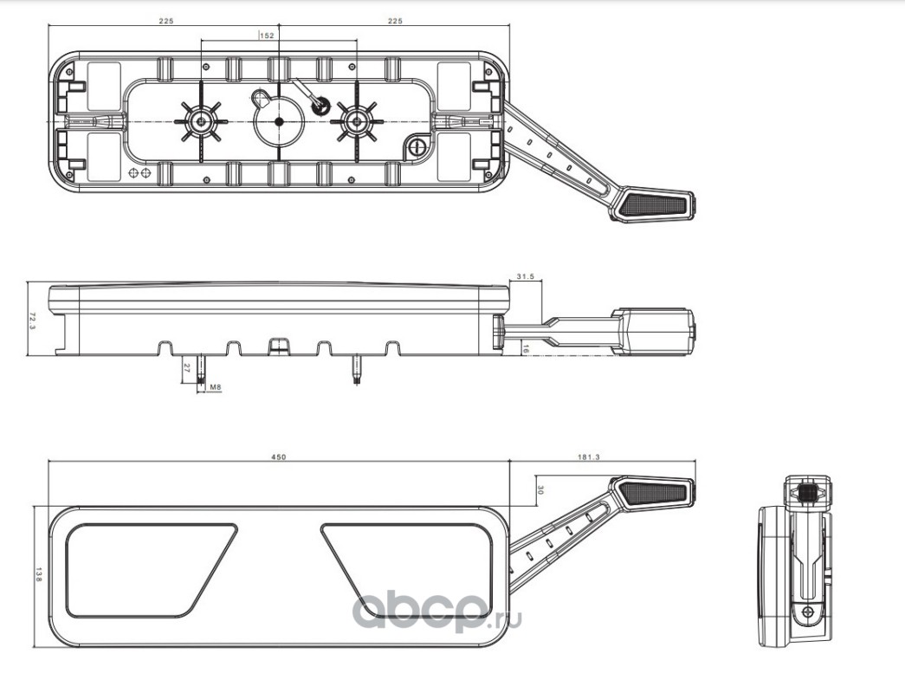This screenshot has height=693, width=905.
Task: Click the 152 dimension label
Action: point(267,36)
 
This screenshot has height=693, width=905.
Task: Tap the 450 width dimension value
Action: point(279,457)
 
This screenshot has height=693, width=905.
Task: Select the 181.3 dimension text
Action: point(589,457)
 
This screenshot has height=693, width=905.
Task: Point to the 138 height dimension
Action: point(38,575)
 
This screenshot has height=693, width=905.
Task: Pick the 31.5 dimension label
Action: point(525,276)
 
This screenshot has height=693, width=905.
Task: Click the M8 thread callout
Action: point(214,387)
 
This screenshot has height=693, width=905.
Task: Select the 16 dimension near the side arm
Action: point(525,348)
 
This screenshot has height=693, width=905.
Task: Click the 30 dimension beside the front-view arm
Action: point(540,489)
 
